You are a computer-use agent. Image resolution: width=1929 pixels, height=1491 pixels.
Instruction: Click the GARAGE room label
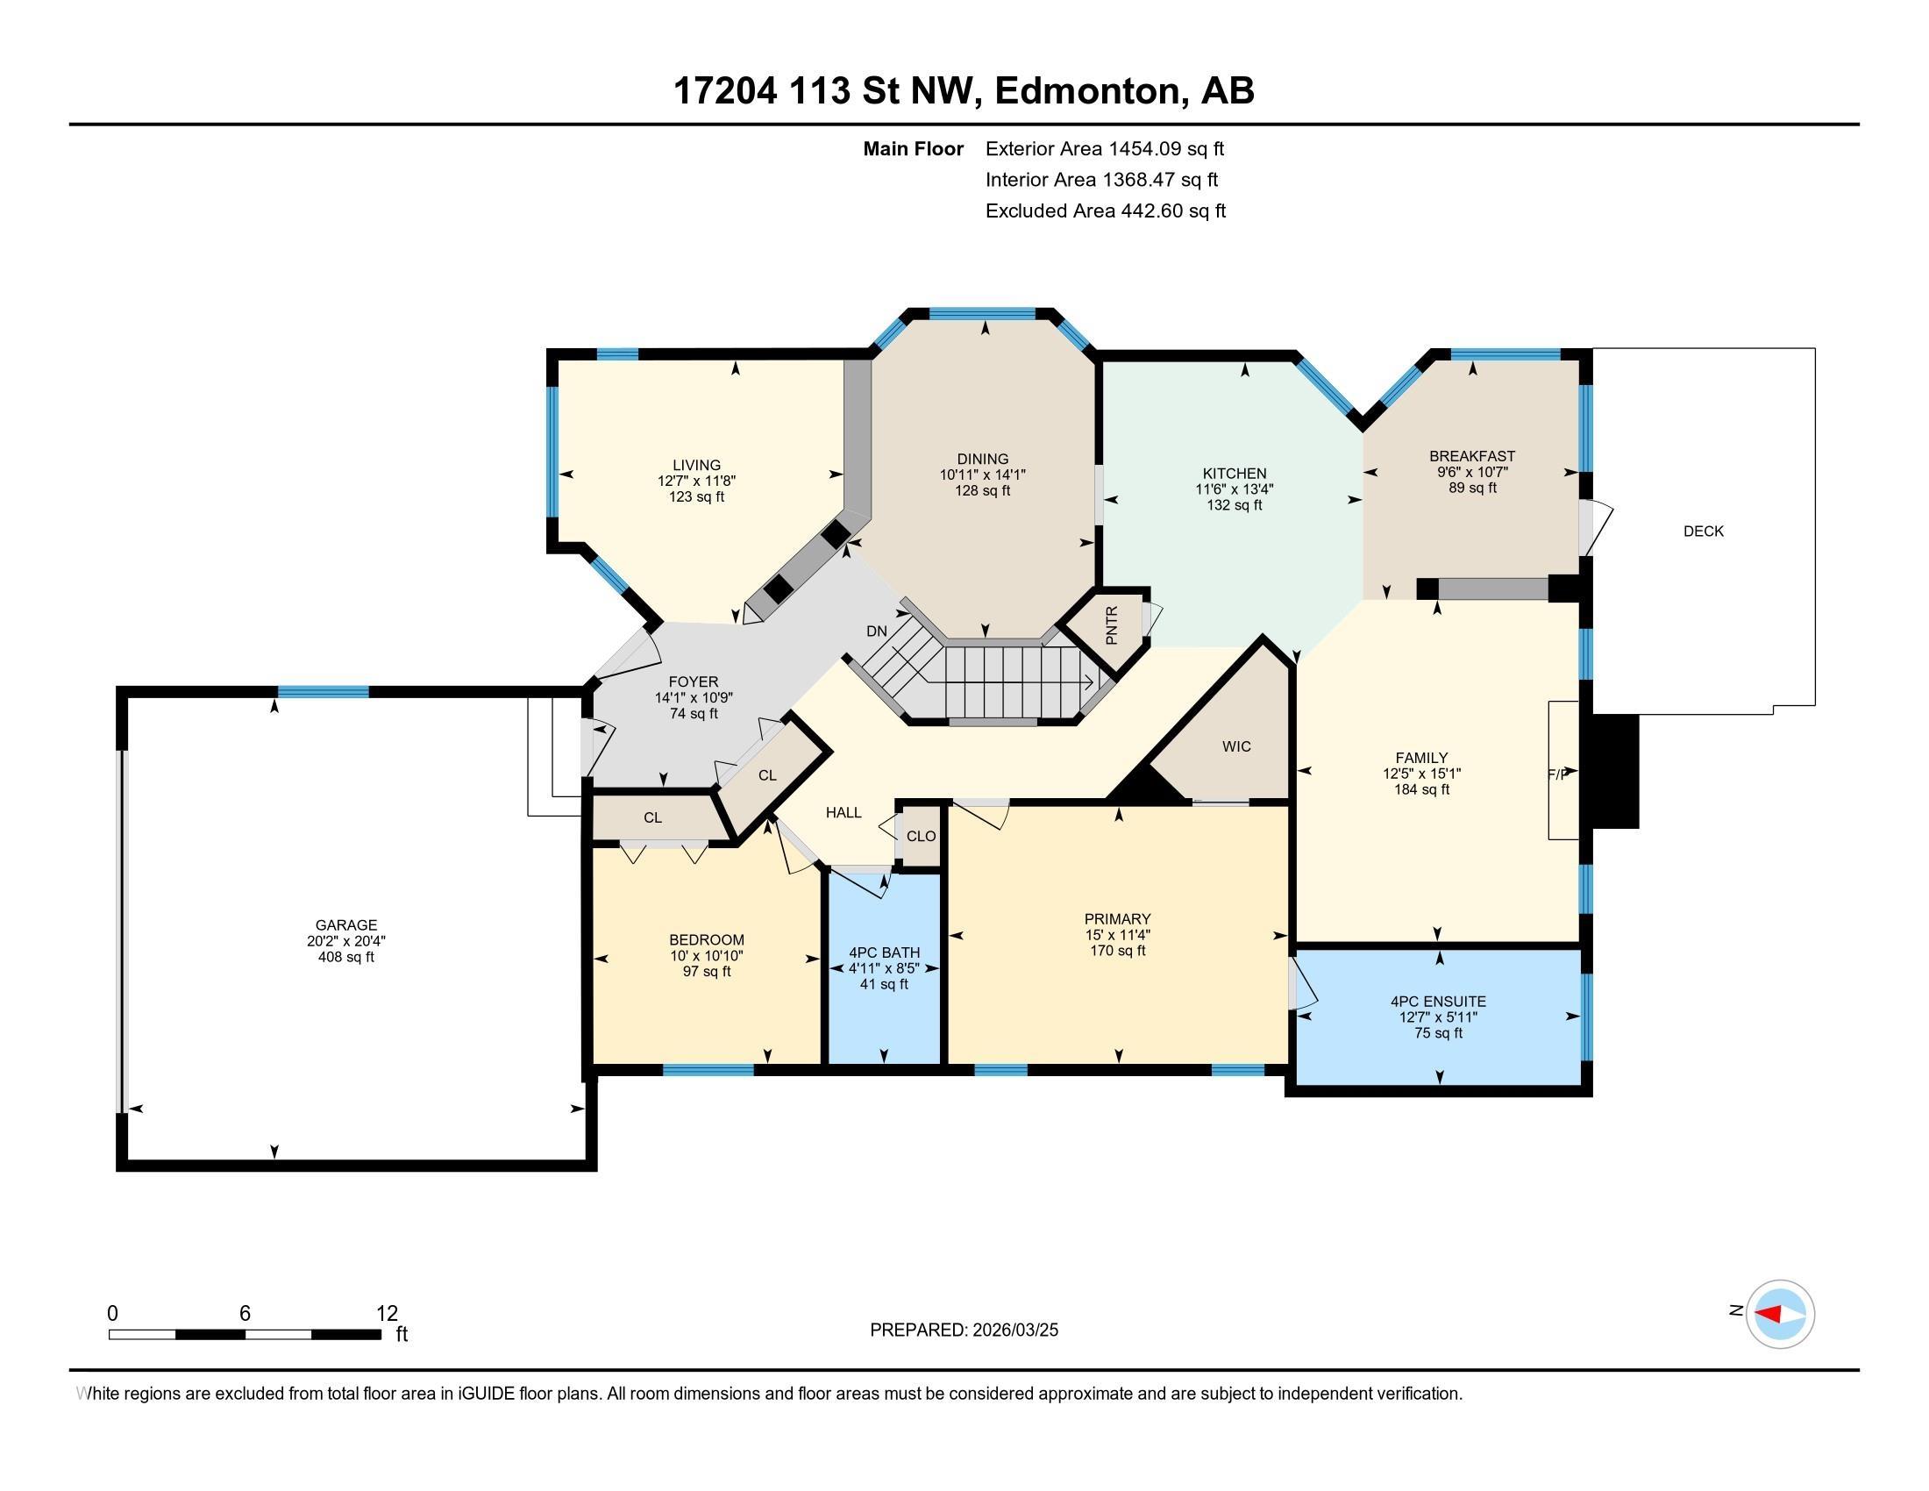[345, 924]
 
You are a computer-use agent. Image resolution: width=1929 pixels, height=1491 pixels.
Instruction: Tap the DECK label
[1703, 531]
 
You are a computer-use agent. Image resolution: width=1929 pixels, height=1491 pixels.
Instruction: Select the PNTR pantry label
[1111, 624]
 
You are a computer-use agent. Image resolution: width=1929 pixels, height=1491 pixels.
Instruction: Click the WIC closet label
[1235, 746]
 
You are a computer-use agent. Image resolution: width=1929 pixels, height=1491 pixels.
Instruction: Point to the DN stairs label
[876, 631]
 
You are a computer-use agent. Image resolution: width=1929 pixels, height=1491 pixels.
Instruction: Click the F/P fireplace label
[1557, 774]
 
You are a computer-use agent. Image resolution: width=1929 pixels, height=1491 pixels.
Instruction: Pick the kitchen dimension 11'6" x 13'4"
[1234, 489]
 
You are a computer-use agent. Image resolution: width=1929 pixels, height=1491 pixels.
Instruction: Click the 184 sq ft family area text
[1421, 789]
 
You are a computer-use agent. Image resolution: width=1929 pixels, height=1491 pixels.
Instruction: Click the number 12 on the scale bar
[387, 1313]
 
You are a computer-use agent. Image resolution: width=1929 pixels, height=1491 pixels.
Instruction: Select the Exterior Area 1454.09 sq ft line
[1104, 148]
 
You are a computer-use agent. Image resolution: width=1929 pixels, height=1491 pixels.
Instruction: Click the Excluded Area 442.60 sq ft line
[1105, 210]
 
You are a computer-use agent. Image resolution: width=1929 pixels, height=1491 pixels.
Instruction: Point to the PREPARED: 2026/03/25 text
[964, 1330]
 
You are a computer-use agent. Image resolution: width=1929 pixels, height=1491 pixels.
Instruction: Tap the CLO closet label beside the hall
[921, 836]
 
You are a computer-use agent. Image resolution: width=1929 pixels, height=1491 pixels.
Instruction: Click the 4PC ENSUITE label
[1438, 1001]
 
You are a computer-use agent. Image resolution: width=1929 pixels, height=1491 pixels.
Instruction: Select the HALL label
[843, 812]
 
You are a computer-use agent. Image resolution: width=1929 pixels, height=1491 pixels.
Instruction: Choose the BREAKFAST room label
[1471, 456]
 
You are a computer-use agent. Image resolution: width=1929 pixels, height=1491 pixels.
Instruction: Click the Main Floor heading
[913, 148]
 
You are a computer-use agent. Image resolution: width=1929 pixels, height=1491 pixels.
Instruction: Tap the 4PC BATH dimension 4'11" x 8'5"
[883, 968]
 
